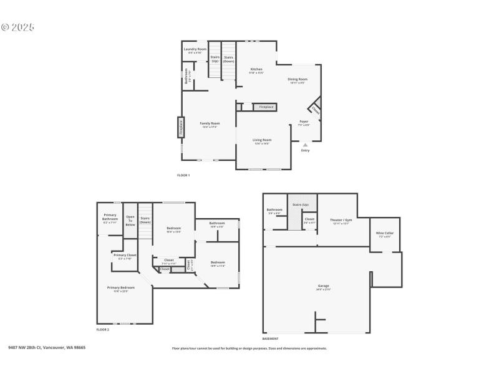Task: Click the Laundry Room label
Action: (195, 49)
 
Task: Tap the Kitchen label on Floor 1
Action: (256, 69)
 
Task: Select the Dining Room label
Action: (298, 79)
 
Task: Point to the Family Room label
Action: (210, 123)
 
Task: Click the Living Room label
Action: (262, 140)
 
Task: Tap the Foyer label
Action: (304, 122)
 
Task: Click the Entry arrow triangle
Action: (305, 145)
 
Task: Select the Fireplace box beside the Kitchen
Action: (266, 107)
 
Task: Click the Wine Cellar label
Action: (384, 233)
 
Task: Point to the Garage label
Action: (323, 286)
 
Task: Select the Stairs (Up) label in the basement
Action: (301, 204)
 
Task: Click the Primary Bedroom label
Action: (121, 287)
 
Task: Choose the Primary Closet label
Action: (125, 255)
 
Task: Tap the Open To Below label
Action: (130, 221)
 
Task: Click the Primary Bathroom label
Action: (110, 217)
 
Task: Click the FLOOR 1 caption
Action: (183, 175)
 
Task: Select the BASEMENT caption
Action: (270, 338)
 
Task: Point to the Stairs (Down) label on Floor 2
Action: (145, 220)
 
